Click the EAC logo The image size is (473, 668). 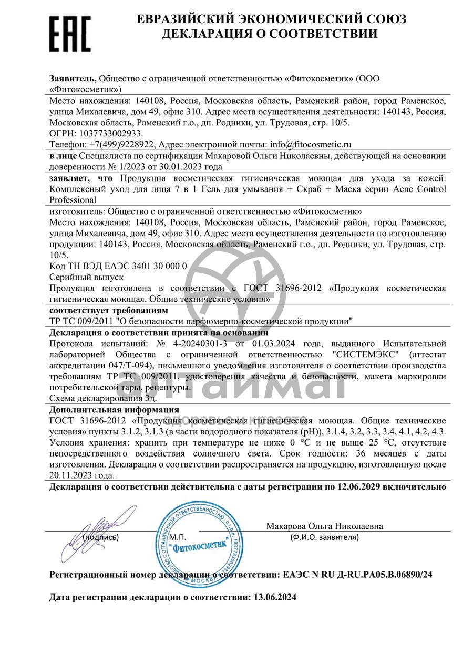[70, 33]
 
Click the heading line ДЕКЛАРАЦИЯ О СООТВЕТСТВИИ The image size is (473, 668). [270, 34]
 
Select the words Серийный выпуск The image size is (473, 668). [86, 277]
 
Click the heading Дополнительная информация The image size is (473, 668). [114, 409]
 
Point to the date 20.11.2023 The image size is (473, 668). [71, 475]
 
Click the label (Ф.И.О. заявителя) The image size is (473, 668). [324, 537]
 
